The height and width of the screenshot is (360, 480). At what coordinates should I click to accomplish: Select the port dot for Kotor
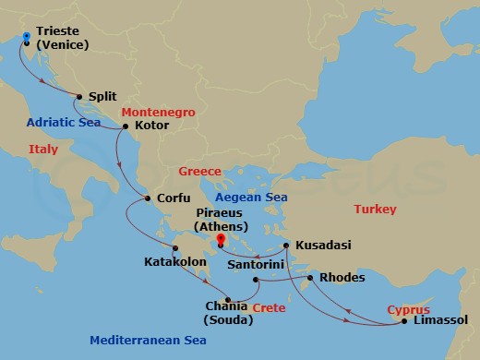(x=126, y=126)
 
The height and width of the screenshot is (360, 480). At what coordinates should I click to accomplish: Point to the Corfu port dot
(x=149, y=198)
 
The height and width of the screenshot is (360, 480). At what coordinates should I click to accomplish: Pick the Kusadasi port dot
(x=286, y=246)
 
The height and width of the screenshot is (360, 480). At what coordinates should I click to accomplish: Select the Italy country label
(x=43, y=149)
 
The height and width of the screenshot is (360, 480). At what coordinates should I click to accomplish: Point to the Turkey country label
(x=376, y=210)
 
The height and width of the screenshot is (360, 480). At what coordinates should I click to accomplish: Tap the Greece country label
(x=199, y=172)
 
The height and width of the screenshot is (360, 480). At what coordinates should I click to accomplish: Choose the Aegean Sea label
(x=250, y=198)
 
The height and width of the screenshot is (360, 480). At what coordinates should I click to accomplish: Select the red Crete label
(x=269, y=307)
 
